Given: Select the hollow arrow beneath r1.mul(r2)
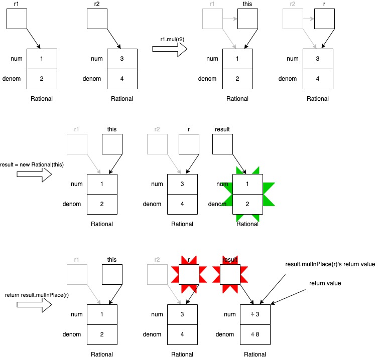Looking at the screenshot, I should point(170,49).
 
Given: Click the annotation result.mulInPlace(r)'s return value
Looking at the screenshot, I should point(330,264).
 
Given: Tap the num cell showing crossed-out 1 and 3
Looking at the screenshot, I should point(256,314).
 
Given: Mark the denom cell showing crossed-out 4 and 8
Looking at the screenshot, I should point(256,334).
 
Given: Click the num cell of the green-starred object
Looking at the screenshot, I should point(247,184).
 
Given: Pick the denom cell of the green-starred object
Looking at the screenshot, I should point(247,204).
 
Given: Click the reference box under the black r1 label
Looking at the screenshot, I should point(17,19).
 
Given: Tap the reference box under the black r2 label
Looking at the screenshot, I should point(97,19).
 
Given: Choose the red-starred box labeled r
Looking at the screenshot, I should point(189,274).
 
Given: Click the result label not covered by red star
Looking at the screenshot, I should point(222,129).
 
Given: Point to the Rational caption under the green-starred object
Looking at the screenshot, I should point(247,224).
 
